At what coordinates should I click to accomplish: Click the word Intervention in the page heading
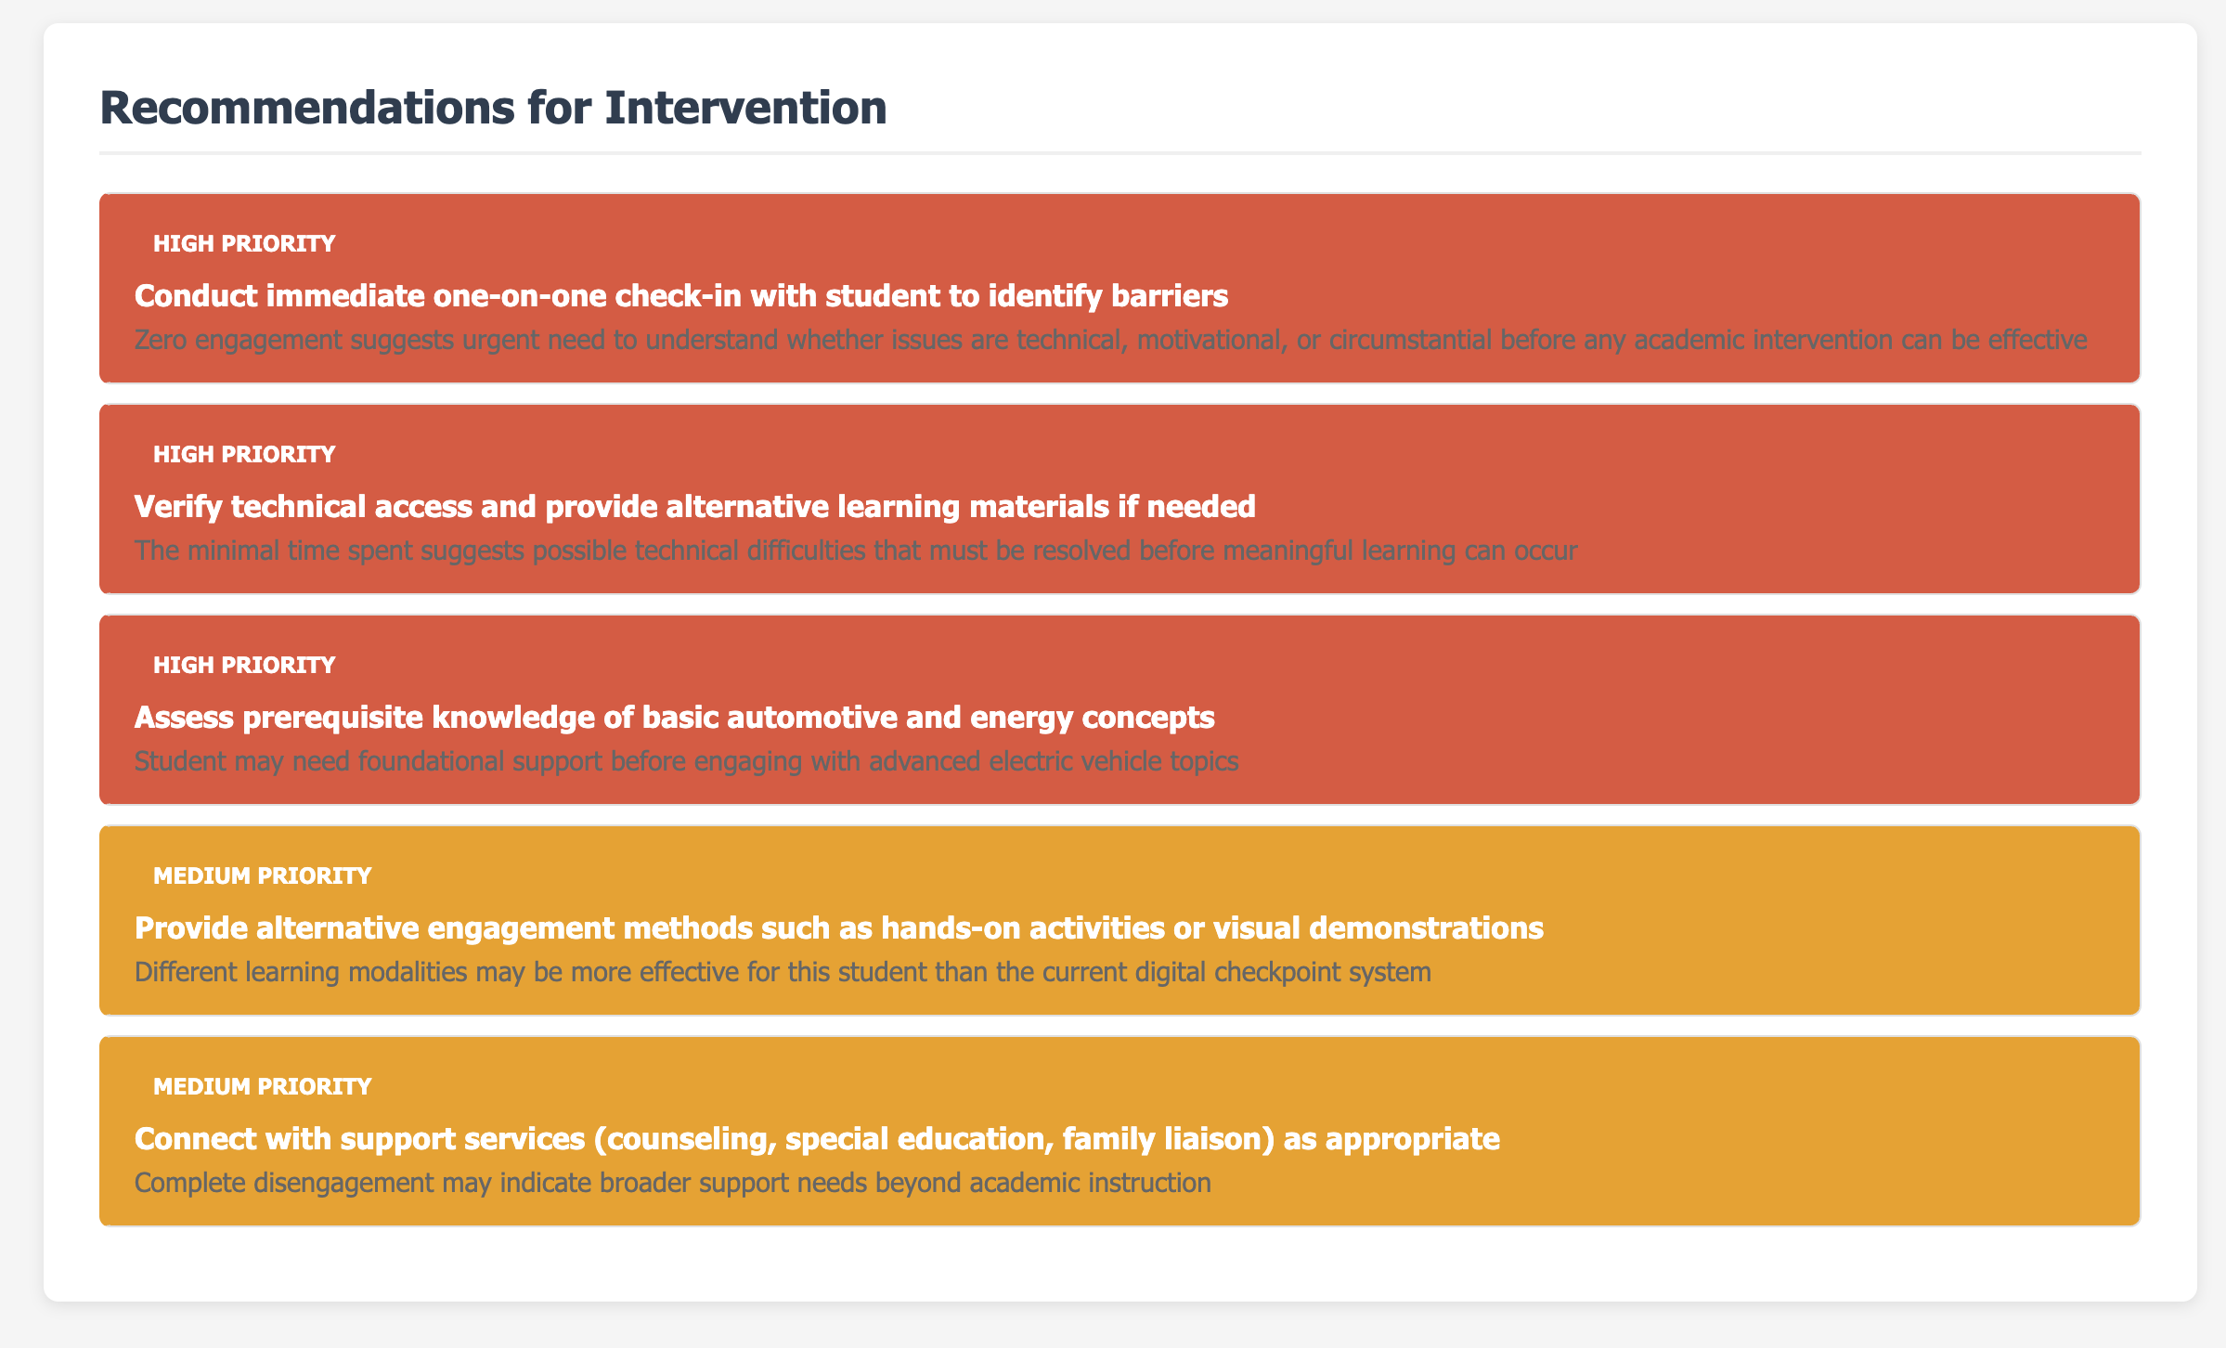click(x=745, y=108)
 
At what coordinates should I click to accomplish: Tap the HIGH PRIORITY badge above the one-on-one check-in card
click(x=244, y=244)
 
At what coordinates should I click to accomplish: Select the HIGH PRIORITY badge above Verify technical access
click(x=244, y=454)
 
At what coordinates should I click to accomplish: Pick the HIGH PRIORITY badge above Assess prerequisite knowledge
click(x=244, y=665)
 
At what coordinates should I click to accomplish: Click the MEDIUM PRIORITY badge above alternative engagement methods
click(x=262, y=875)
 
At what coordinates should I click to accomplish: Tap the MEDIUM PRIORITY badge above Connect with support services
click(x=262, y=1086)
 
